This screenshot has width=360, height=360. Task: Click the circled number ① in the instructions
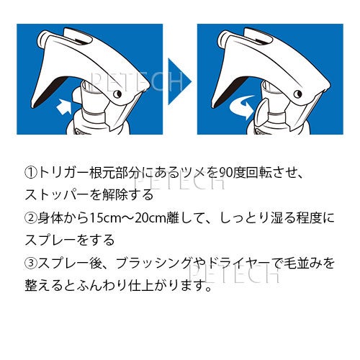[x=31, y=173]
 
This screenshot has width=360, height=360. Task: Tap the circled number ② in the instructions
[x=31, y=218]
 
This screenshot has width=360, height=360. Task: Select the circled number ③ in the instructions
[x=31, y=264]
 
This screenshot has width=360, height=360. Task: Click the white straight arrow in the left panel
[x=65, y=107]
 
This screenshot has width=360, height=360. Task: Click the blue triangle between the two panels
[x=179, y=81]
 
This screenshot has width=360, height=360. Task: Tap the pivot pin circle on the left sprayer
[x=117, y=94]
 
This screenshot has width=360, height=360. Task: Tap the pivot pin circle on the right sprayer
[x=298, y=94]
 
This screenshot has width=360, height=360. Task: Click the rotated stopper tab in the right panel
[x=261, y=110]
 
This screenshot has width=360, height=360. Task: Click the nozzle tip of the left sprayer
[x=41, y=40]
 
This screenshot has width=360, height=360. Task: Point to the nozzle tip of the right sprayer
[x=222, y=40]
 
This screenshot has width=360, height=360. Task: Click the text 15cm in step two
[x=103, y=219]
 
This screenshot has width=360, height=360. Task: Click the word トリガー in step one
[x=63, y=173]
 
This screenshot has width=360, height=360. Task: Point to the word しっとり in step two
[x=243, y=219]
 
